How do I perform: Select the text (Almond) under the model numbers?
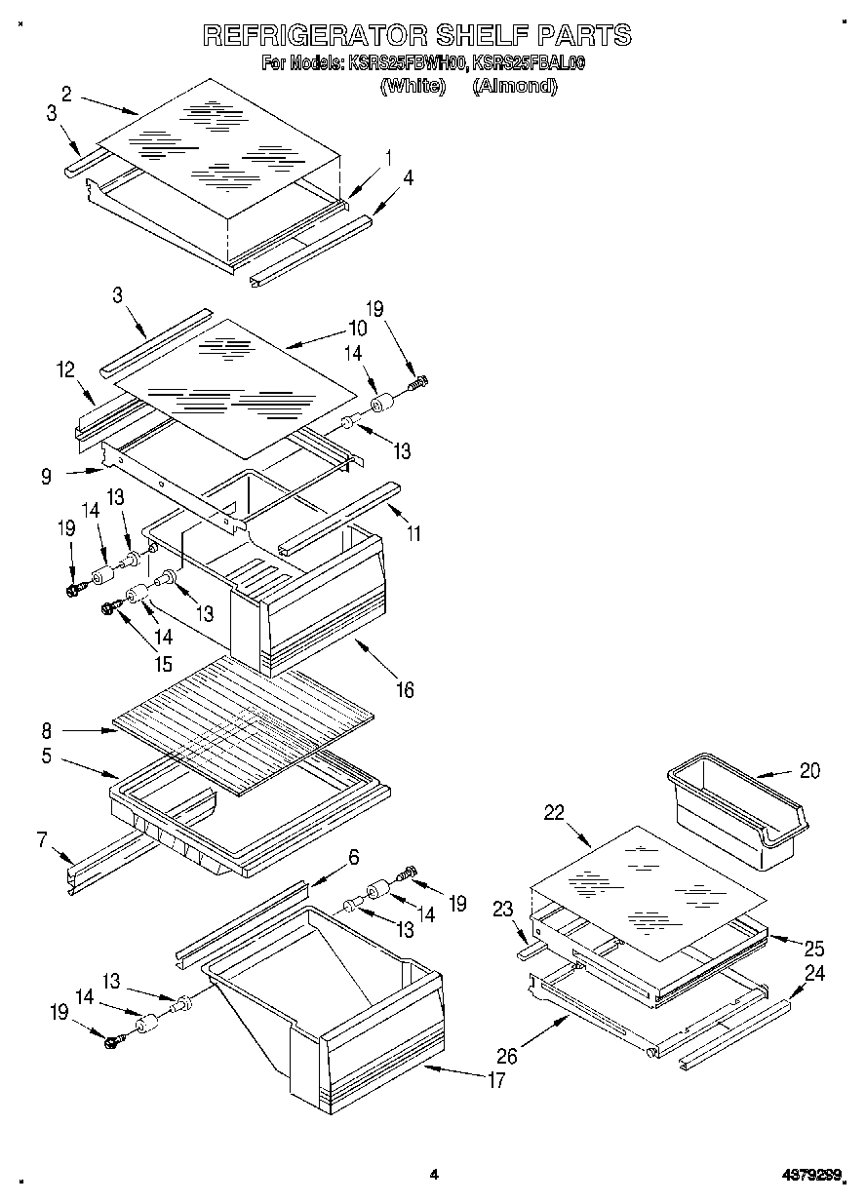coord(514,86)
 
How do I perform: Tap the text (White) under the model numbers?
coord(413,86)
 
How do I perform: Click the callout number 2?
coord(66,94)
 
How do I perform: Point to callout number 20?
coord(809,770)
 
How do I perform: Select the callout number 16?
coord(404,690)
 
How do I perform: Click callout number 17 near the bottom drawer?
coord(496,1079)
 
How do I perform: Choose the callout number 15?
coord(162,664)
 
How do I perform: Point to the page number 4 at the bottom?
coord(433,1175)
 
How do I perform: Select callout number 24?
coord(815,972)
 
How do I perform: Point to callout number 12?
coord(66,370)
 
